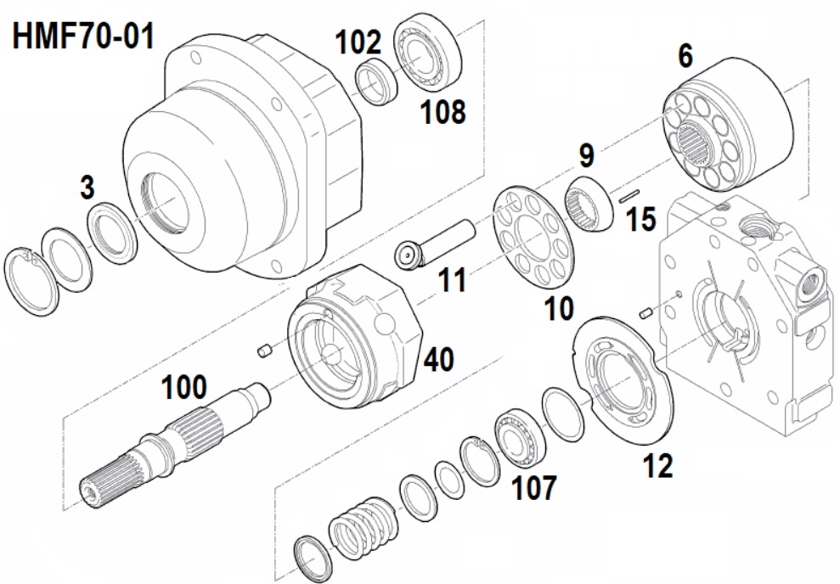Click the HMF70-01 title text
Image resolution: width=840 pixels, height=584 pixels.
[83, 36]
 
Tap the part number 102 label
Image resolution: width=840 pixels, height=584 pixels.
[358, 42]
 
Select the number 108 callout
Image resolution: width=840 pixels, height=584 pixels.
[443, 112]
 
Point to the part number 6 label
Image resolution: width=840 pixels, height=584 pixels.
[685, 56]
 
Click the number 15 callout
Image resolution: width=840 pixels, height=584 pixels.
[640, 220]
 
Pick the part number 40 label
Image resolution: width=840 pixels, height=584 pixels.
[439, 359]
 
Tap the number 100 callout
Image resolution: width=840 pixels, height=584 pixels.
[183, 387]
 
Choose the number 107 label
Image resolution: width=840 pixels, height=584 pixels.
[534, 487]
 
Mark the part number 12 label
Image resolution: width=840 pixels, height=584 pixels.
[658, 466]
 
